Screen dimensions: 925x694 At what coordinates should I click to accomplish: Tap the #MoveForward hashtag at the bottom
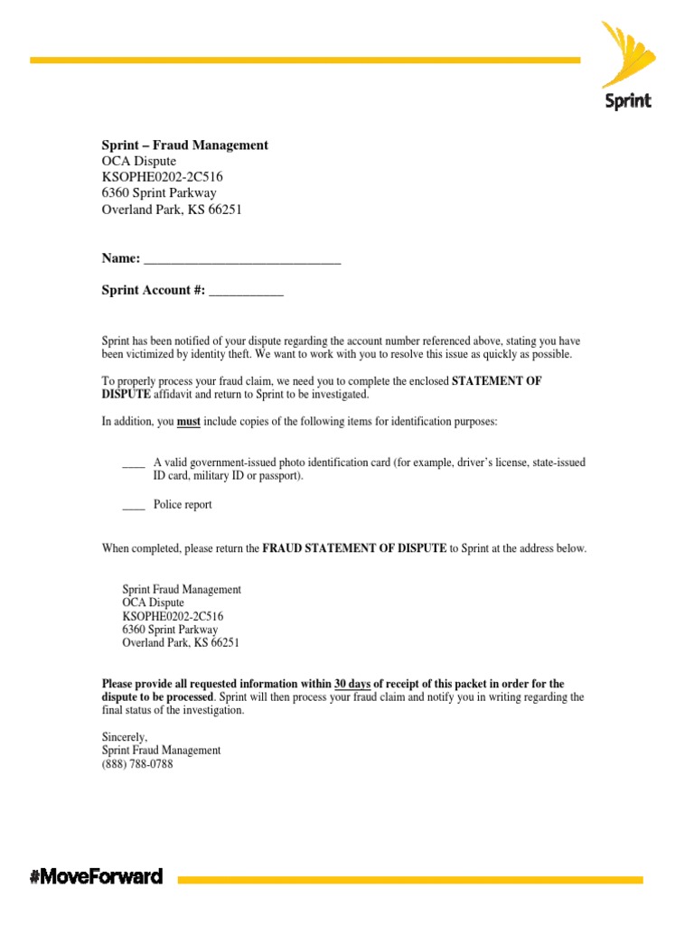97,875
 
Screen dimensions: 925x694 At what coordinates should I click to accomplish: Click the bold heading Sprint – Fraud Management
184,145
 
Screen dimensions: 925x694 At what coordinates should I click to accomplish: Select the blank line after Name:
242,259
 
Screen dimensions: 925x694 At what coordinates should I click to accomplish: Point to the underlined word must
188,422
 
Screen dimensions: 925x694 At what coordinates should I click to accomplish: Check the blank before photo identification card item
134,462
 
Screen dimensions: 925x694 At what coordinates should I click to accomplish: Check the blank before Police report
134,505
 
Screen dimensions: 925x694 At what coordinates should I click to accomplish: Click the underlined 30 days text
352,684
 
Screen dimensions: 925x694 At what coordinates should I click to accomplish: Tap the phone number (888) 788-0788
137,764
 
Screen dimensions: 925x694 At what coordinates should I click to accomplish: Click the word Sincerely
124,737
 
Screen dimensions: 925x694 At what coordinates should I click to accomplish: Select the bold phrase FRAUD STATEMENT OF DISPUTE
354,548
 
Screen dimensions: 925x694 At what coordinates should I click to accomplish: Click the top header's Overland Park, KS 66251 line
172,210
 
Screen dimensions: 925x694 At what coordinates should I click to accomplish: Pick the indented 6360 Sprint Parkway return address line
170,630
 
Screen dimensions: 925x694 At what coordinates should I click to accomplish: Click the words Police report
183,505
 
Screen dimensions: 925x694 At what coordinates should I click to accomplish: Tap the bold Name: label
120,259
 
